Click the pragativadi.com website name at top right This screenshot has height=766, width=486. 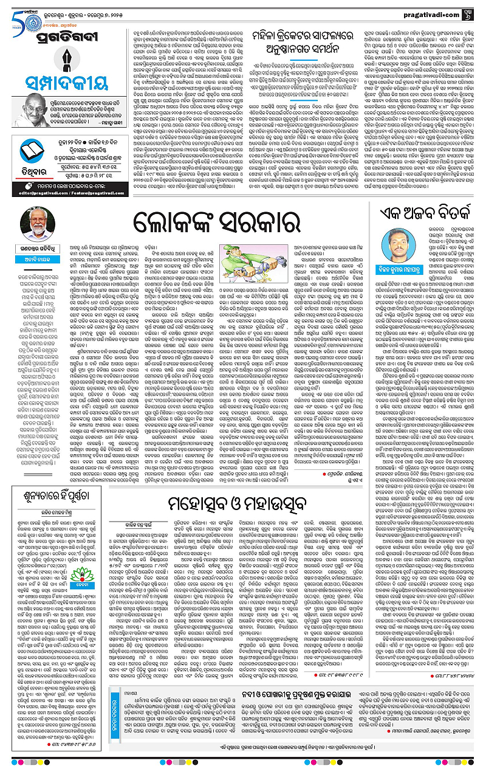(x=433, y=10)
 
